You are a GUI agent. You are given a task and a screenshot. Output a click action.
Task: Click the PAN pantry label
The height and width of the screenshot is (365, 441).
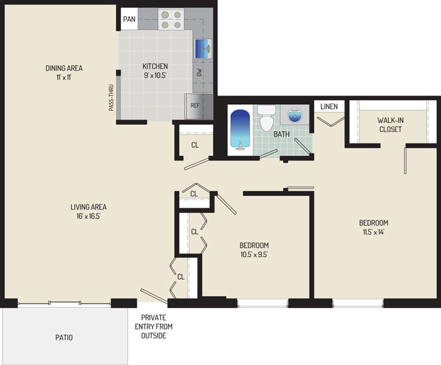coord(130,19)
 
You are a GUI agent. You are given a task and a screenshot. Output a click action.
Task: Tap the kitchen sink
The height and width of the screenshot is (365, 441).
coord(203,49)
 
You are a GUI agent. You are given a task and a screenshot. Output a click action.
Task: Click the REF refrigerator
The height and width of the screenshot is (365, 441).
coord(199,106)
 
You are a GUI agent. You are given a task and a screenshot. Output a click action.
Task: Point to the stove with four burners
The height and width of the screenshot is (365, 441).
coord(171,19)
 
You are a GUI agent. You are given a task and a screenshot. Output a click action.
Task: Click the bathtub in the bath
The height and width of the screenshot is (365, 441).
coord(240,129)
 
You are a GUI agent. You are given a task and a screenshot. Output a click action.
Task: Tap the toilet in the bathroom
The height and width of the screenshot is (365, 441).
coord(267,118)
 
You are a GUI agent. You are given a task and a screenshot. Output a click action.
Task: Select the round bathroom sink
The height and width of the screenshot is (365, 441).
coord(295,115)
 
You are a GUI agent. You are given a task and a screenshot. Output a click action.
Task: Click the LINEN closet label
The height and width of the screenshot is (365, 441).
coord(329,106)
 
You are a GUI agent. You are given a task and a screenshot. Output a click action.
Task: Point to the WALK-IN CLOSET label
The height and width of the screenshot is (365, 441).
coord(391,125)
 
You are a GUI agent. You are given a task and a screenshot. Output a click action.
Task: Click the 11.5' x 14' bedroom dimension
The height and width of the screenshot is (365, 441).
coord(373,232)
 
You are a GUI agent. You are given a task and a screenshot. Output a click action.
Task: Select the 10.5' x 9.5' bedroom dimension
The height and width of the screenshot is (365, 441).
coord(254,255)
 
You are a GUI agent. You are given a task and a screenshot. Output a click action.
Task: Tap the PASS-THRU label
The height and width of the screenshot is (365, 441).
coord(112,98)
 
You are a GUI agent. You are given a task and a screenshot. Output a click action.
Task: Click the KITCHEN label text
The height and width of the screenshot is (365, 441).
coord(155,66)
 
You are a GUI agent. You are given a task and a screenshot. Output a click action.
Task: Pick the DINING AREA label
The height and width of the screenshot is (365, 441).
coord(64,68)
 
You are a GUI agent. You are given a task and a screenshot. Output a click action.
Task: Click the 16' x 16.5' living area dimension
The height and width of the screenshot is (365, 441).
coord(88,216)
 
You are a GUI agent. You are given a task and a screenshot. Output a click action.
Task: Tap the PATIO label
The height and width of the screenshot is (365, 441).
coord(64,338)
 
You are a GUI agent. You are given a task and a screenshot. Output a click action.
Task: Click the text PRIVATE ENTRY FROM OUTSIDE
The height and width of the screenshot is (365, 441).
coord(153,327)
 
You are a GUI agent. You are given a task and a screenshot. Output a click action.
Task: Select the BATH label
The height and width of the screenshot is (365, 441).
coord(282,134)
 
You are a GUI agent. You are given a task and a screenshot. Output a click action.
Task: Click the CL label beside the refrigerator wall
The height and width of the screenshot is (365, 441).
coord(195,145)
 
